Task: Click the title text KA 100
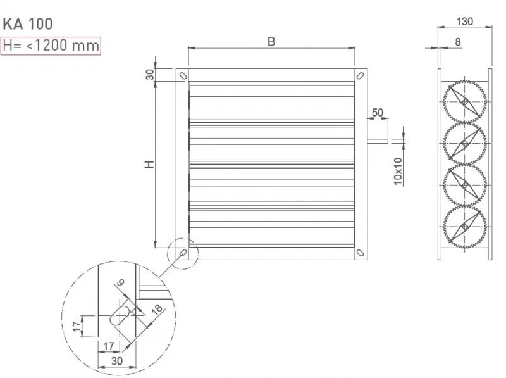click(x=28, y=25)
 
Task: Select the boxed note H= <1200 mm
click(x=51, y=46)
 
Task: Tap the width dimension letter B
click(x=271, y=42)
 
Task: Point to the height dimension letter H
click(x=149, y=164)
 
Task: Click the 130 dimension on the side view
click(x=465, y=21)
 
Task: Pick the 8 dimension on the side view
click(x=457, y=42)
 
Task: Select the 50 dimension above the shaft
click(x=378, y=112)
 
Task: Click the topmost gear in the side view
click(x=465, y=102)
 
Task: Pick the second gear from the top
click(x=465, y=144)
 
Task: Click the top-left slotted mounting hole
click(x=183, y=75)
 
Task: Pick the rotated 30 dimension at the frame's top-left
click(x=150, y=75)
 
